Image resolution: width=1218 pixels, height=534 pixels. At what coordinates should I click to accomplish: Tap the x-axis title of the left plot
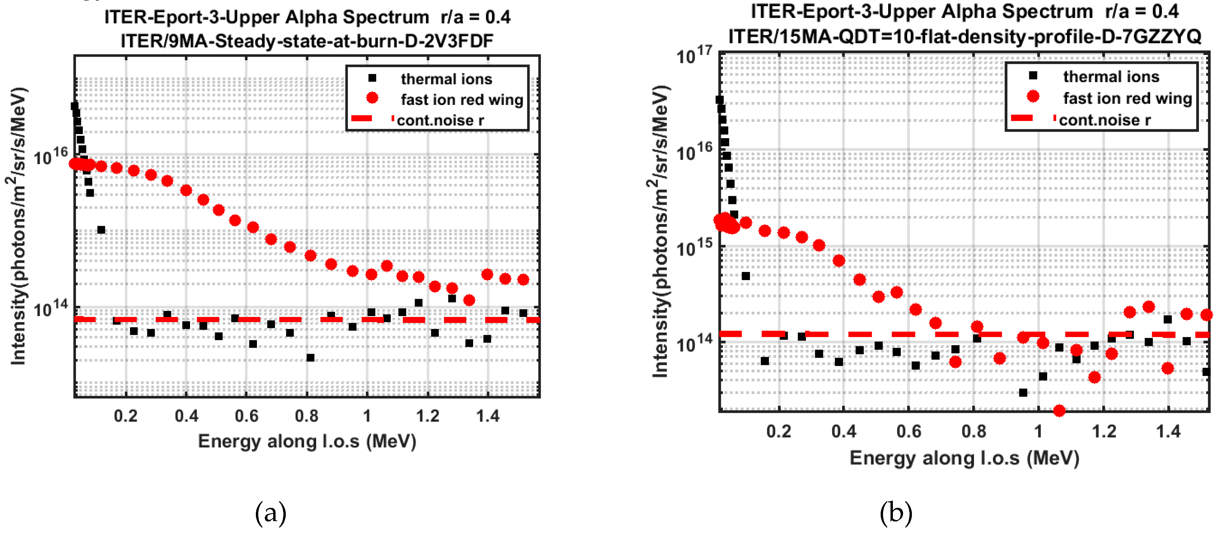click(x=307, y=441)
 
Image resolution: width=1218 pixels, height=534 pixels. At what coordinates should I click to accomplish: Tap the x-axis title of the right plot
click(x=964, y=458)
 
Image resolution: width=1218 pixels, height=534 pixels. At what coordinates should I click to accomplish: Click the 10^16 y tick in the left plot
click(x=51, y=155)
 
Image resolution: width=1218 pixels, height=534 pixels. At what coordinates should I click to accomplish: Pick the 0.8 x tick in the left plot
click(x=306, y=416)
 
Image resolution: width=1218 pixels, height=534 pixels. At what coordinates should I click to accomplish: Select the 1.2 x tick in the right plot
click(x=1104, y=431)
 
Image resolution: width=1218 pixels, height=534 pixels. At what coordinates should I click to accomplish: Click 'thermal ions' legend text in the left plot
click(x=446, y=79)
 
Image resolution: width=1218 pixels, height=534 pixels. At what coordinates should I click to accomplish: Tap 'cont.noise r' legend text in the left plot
click(x=440, y=120)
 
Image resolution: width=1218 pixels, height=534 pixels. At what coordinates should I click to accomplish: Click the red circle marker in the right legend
click(x=1033, y=96)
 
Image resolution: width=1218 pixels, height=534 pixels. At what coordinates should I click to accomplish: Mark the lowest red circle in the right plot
click(x=1059, y=410)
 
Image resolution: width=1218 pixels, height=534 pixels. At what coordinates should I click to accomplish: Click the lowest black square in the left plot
click(x=310, y=357)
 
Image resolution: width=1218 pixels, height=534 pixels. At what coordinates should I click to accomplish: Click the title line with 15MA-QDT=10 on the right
click(x=964, y=36)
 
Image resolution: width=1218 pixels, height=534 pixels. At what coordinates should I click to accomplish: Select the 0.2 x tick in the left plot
click(x=126, y=416)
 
